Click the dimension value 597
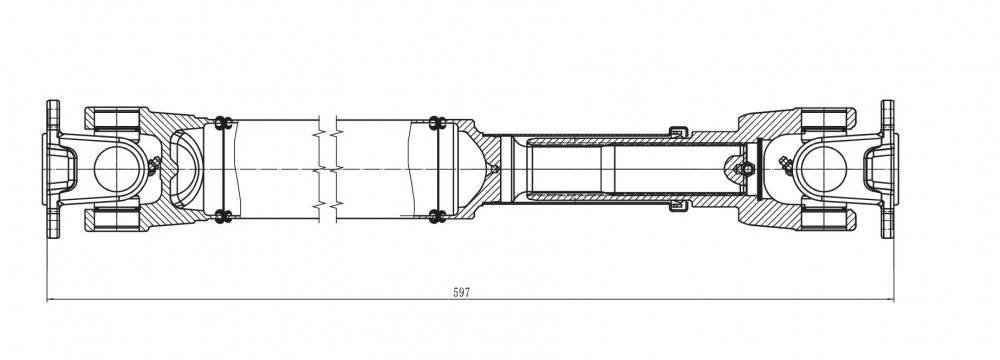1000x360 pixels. [461, 292]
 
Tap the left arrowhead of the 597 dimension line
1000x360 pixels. [52, 299]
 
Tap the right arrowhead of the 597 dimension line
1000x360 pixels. [890, 299]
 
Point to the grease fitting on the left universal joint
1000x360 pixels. [154, 165]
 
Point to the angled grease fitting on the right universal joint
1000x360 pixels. [786, 165]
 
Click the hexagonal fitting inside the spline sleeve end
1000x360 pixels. [744, 169]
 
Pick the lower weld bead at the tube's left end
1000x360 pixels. [222, 217]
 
